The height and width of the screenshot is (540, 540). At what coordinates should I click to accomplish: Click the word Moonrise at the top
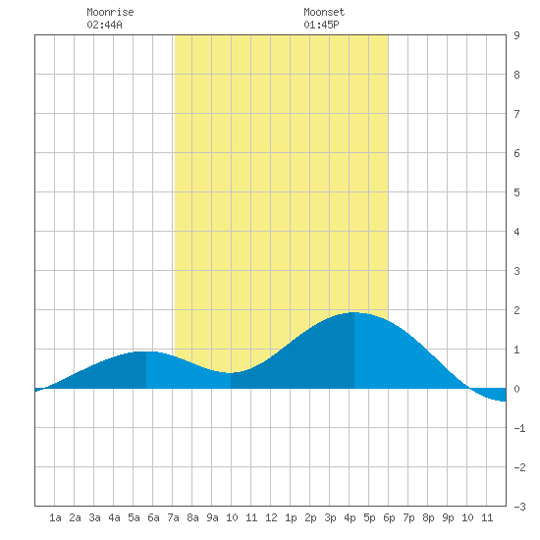click(x=110, y=13)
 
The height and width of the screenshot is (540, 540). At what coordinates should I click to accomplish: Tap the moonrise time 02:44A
click(x=104, y=25)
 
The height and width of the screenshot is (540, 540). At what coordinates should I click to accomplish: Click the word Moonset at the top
click(x=324, y=13)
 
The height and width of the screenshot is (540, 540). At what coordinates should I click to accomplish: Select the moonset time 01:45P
click(x=321, y=25)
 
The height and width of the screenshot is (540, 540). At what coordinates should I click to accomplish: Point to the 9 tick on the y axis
click(x=516, y=35)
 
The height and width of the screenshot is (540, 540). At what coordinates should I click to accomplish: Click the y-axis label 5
click(x=516, y=192)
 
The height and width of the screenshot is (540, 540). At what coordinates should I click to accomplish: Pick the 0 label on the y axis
click(x=516, y=389)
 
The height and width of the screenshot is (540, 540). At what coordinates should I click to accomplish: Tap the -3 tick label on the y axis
click(x=519, y=507)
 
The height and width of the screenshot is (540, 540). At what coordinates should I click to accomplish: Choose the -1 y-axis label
click(x=519, y=428)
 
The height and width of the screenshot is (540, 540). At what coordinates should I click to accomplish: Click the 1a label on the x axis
click(x=55, y=517)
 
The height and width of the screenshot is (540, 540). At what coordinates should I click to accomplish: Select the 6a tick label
click(x=153, y=517)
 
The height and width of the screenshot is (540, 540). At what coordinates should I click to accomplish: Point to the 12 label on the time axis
click(x=271, y=517)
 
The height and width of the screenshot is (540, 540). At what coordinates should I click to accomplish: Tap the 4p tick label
click(x=350, y=517)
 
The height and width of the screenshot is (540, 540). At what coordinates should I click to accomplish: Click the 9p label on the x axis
click(x=448, y=517)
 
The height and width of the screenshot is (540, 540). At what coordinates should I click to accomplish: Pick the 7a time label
click(x=173, y=517)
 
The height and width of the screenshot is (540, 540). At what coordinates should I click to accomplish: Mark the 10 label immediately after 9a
click(x=232, y=517)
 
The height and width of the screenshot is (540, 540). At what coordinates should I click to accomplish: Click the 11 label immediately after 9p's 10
click(x=487, y=517)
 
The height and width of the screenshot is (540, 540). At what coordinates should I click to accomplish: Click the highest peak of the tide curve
click(x=354, y=312)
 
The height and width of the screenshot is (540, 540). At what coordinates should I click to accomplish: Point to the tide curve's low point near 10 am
click(x=231, y=373)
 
